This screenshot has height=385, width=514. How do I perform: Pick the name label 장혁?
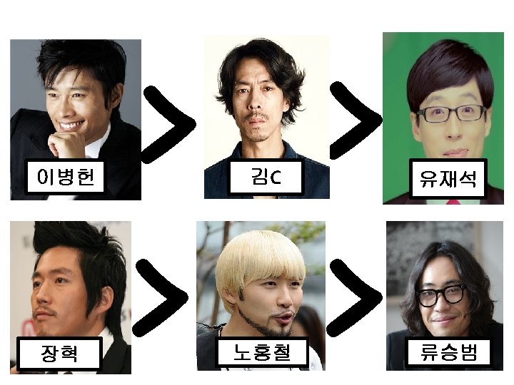(60, 353)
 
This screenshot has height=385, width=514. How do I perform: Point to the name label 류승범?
(448, 352)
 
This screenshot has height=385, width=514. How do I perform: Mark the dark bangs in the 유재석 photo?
(443, 78)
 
